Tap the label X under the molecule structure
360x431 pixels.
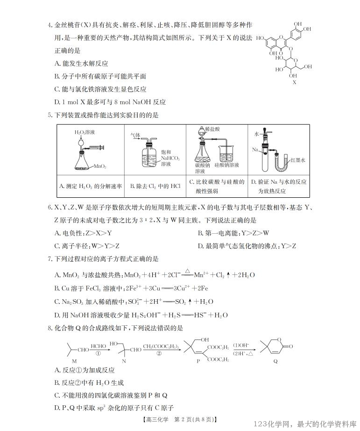tap(294, 82)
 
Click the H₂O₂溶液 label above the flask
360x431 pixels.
tap(85, 133)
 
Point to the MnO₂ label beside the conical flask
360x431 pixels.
tap(100, 166)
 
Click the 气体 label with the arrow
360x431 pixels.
tap(135, 135)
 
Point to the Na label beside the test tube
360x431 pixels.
tap(255, 150)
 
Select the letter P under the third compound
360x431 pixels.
tap(197, 361)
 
